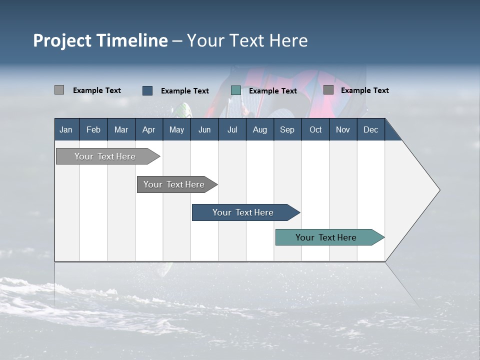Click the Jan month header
66,129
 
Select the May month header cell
176,129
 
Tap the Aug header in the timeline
259,129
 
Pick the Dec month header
370,129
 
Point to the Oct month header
315,129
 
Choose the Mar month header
121,129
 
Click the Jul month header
232,129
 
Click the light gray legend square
59,90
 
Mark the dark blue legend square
147,90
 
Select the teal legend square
236,90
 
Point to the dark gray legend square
328,90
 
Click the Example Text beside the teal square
272,91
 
